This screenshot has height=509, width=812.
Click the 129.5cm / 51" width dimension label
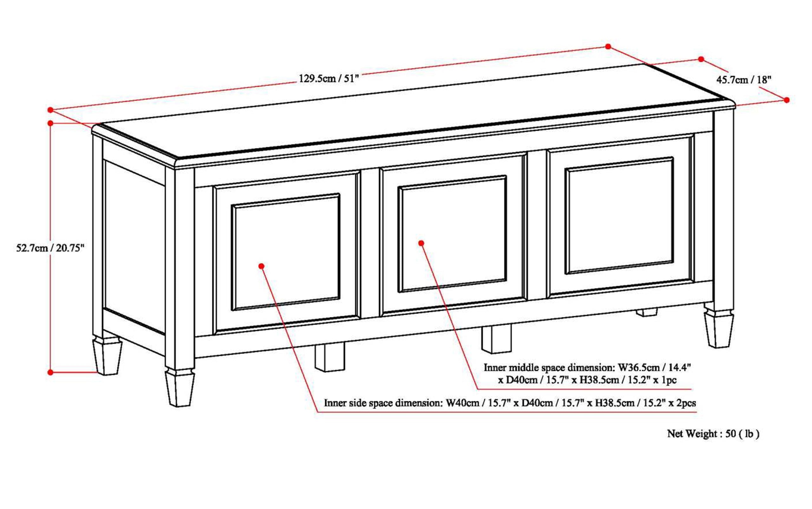(x=329, y=79)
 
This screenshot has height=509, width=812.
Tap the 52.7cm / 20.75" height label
(x=50, y=248)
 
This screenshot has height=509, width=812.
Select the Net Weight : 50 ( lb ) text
(x=713, y=434)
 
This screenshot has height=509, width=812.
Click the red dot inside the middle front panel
(x=421, y=243)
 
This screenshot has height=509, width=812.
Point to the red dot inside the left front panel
(x=261, y=266)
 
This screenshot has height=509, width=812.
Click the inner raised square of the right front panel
(x=619, y=216)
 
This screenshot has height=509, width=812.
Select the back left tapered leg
(x=107, y=357)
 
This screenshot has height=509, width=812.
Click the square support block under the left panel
(x=330, y=357)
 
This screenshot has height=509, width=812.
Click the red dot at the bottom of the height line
(x=50, y=372)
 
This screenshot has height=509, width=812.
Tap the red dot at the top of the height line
(x=50, y=123)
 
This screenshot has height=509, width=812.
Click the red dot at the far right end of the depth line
(x=786, y=100)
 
